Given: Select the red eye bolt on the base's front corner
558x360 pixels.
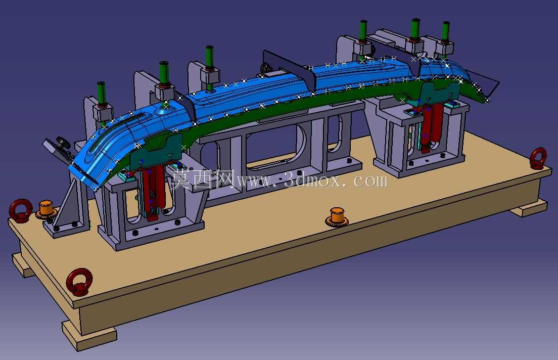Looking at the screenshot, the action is tap(79, 282).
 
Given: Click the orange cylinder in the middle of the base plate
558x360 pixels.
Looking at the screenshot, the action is tap(337, 217).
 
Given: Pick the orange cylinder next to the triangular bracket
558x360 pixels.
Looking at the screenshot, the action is tap(46, 210).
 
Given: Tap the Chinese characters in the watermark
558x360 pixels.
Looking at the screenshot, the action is tap(203, 179).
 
